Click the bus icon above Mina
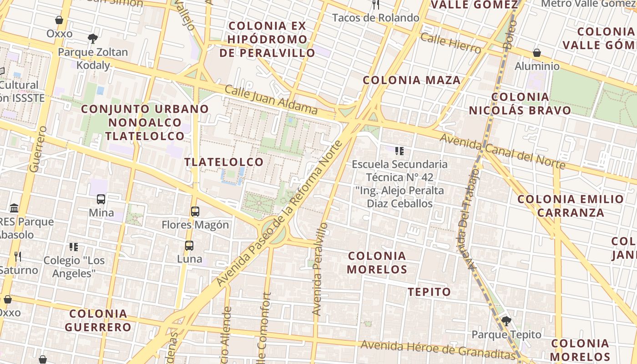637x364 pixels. point(101,199)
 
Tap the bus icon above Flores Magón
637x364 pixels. point(195,212)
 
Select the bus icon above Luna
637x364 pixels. point(189,246)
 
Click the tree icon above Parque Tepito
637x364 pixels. point(506,321)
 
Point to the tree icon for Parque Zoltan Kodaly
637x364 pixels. point(93,38)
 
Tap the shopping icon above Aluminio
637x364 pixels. point(537,53)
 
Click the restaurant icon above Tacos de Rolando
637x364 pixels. point(376,5)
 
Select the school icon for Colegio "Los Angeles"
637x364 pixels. point(74,247)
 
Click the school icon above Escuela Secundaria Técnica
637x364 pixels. point(399,151)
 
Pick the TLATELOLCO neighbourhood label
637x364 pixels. point(224,162)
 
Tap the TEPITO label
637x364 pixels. point(429,292)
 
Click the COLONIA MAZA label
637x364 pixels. point(411,81)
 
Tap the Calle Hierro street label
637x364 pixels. point(450,43)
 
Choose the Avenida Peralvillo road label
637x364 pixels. point(320,268)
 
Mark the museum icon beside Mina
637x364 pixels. point(14,208)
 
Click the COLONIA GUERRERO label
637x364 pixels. point(98,320)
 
